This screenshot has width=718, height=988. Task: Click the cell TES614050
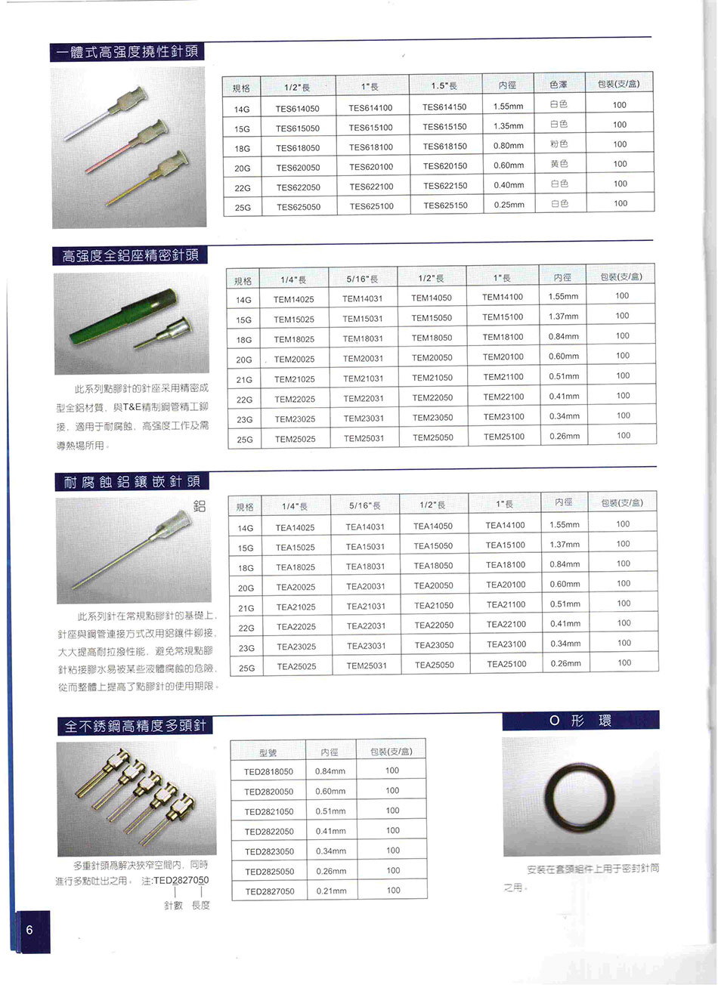click(x=297, y=109)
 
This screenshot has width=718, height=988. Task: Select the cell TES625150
click(x=445, y=205)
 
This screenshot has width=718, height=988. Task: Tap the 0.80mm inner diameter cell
click(x=508, y=146)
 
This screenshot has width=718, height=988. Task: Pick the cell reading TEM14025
click(x=293, y=300)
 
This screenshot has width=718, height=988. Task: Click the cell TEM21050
click(x=432, y=378)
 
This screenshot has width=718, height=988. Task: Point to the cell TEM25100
click(x=503, y=437)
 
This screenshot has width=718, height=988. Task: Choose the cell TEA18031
click(x=366, y=567)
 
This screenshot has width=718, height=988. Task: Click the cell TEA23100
click(x=506, y=644)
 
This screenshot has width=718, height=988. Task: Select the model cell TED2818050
click(x=268, y=772)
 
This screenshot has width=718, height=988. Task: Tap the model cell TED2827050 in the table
click(x=268, y=891)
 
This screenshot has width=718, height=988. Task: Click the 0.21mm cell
click(x=330, y=891)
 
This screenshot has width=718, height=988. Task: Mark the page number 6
click(x=29, y=930)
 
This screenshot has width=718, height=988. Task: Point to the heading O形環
click(x=580, y=721)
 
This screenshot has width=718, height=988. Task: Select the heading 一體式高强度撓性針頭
click(x=127, y=52)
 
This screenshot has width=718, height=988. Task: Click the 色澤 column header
click(x=559, y=85)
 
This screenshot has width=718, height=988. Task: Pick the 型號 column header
click(x=268, y=752)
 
